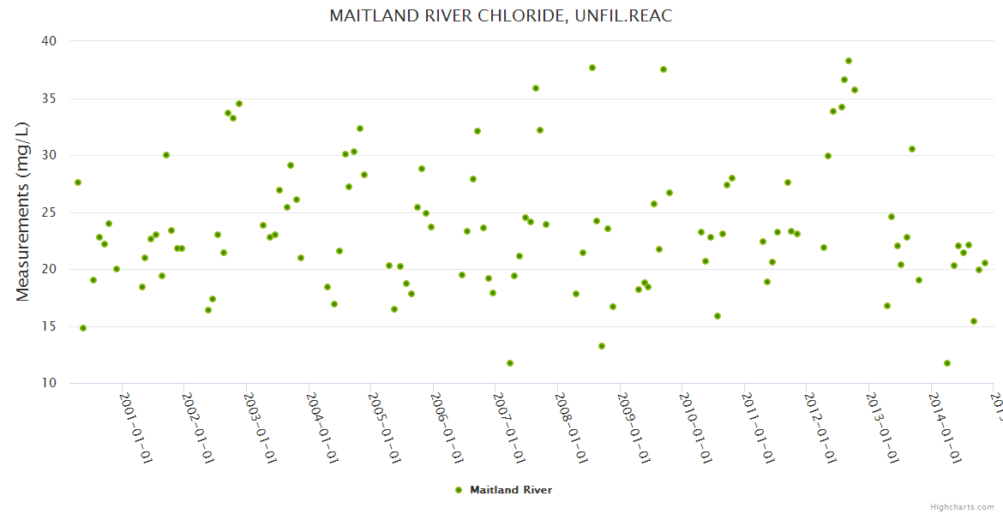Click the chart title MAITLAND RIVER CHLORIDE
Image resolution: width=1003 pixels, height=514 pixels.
point(501,16)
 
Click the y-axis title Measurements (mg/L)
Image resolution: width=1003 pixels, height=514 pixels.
point(23,212)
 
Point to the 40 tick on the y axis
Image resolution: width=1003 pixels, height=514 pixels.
point(49,41)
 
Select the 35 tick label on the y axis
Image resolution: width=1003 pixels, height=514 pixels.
point(49,99)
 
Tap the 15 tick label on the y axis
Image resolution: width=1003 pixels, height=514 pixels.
point(49,326)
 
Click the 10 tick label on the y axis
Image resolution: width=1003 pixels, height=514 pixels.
point(49,384)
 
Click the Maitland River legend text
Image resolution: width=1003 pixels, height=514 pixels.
point(511,490)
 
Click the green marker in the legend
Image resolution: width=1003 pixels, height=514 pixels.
point(458,490)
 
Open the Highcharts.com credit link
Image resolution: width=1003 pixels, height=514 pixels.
point(962,507)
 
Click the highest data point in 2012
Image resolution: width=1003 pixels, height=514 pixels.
point(849,61)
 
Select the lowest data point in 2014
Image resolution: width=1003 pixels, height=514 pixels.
point(947,363)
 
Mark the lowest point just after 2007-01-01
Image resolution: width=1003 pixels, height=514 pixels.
point(510,363)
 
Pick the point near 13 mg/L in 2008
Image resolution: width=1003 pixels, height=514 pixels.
point(602,346)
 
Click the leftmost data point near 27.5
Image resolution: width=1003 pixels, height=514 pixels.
point(78,182)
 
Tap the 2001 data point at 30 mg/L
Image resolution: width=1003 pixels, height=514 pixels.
point(166,155)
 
